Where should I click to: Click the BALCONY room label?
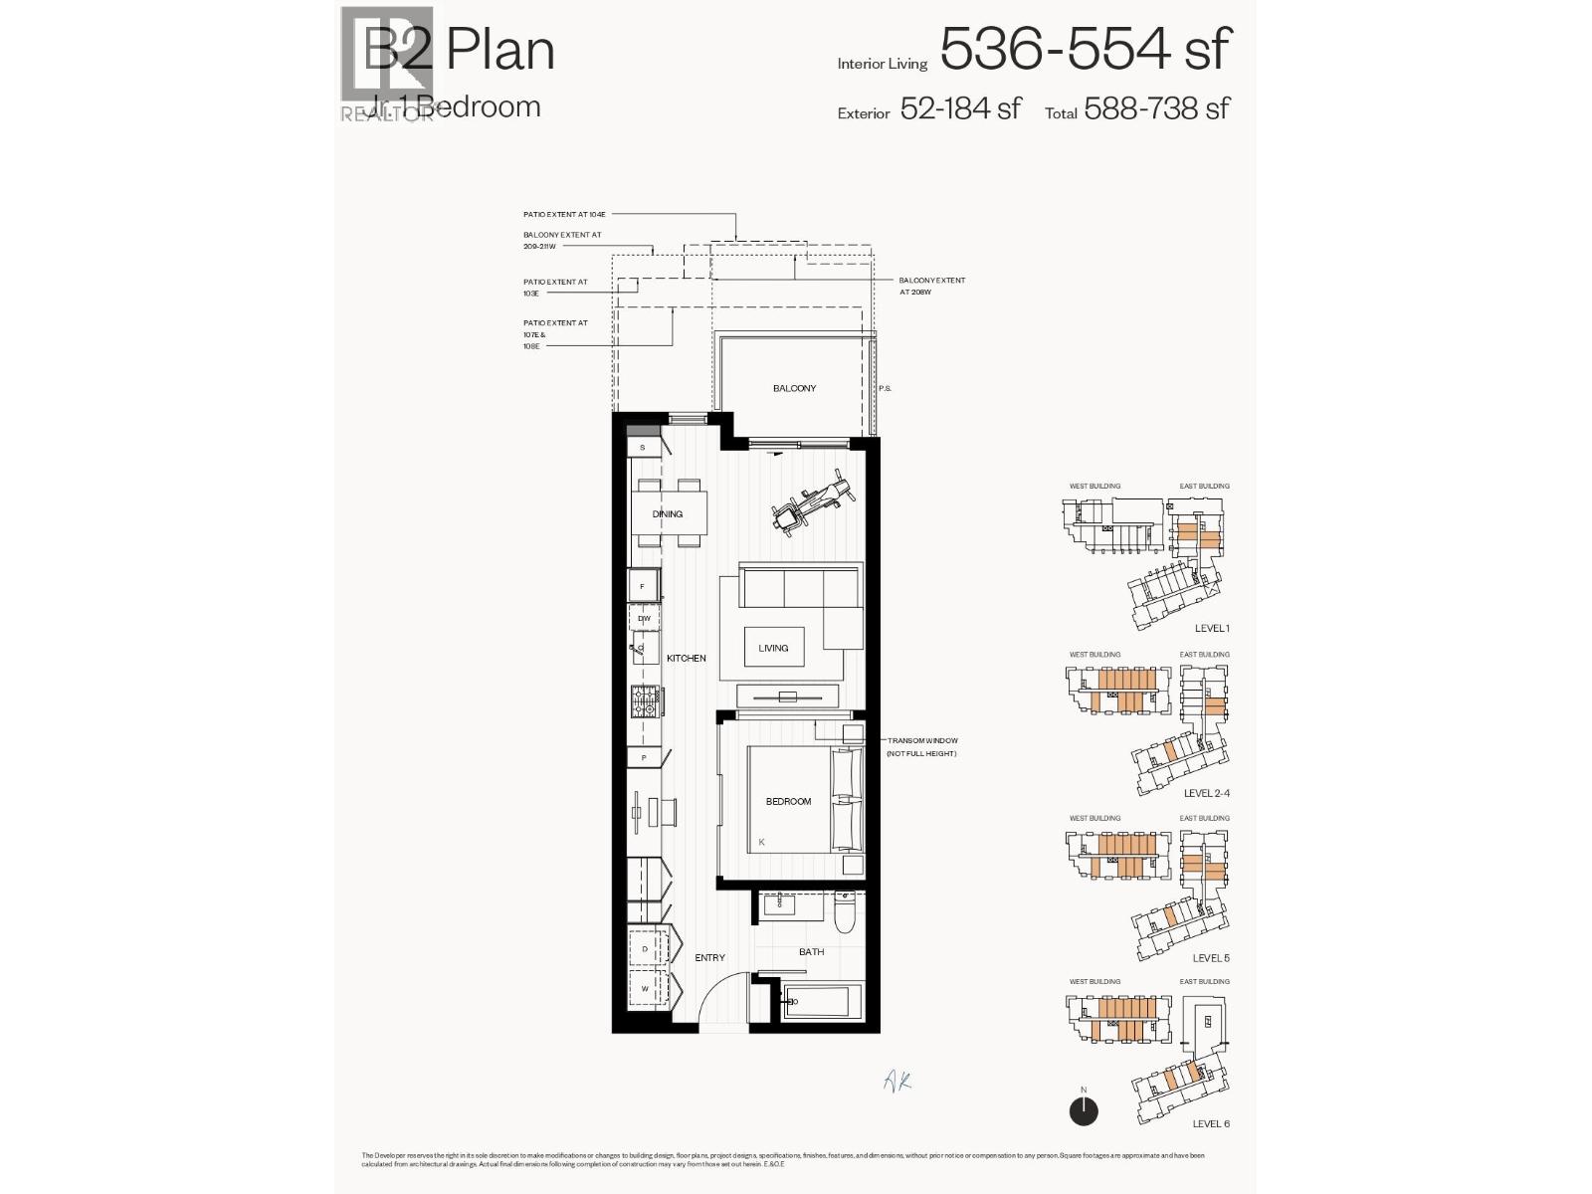[x=794, y=388]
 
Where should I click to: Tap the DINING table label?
[x=668, y=514]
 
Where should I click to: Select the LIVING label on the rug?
[x=773, y=648]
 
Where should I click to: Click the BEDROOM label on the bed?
[x=788, y=801]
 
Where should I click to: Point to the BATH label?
[x=811, y=952]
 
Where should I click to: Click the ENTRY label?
[x=709, y=957]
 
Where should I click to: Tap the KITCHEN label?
[x=687, y=658]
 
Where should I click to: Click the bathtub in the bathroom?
[x=816, y=1002]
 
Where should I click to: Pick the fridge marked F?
[x=643, y=586]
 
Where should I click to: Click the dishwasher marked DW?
[x=644, y=619]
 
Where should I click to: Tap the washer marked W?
[x=645, y=989]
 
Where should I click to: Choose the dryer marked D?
[x=645, y=949]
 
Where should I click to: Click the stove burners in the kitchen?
[x=644, y=701]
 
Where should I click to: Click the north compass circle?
[x=1084, y=1111]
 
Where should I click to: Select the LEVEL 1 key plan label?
[x=1212, y=629]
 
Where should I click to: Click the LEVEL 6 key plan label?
[x=1211, y=1123]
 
